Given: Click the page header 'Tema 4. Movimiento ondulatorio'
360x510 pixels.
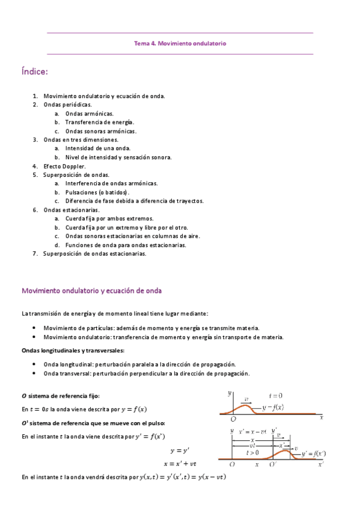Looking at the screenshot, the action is [180, 43].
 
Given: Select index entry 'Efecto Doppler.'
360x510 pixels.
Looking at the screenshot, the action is [64, 166].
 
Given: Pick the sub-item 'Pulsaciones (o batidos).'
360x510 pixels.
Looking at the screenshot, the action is [97, 192].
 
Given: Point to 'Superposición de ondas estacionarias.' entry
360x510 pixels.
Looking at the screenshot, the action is [94, 254].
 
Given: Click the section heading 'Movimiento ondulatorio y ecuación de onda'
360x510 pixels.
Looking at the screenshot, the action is [91, 290].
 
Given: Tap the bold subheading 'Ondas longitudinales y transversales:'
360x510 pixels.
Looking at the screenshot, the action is [73, 351].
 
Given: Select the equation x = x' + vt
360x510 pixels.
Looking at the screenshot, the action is [180, 463].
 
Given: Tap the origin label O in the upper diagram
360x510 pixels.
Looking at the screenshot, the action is [233, 418].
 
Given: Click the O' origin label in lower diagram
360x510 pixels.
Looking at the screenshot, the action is [272, 464].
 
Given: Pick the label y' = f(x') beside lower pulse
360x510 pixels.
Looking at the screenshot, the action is [313, 453].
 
